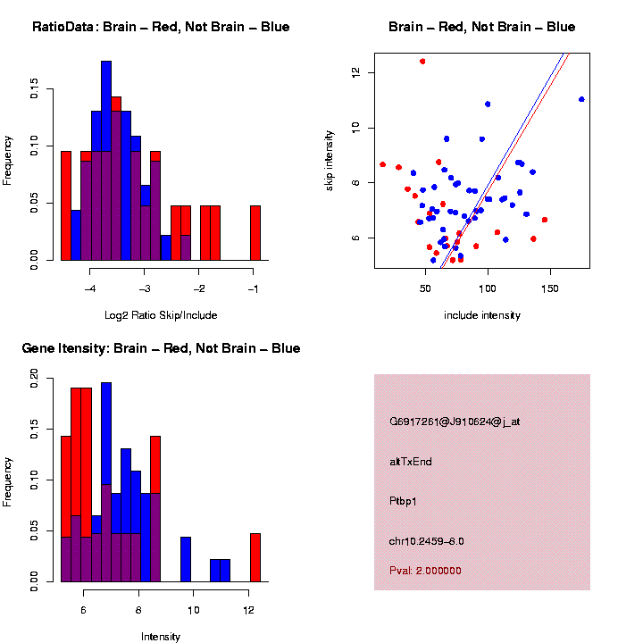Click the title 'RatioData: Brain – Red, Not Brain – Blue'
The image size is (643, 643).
point(161,27)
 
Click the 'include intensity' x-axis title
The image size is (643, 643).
point(482,315)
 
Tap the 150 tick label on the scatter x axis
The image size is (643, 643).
point(550,288)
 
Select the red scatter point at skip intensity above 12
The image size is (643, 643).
point(422,62)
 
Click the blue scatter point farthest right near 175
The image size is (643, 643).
point(581,99)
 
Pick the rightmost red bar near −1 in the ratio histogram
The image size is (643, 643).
point(255,232)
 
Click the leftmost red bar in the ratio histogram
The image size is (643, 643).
point(66,205)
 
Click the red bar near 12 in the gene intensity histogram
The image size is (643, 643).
point(255,557)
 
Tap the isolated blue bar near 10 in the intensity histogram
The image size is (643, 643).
point(186,559)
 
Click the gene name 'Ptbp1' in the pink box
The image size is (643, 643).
point(404,501)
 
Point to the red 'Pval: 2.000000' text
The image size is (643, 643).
point(426,571)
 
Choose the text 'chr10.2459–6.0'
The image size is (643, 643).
point(427,541)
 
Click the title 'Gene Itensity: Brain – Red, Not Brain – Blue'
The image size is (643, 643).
point(161,348)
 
